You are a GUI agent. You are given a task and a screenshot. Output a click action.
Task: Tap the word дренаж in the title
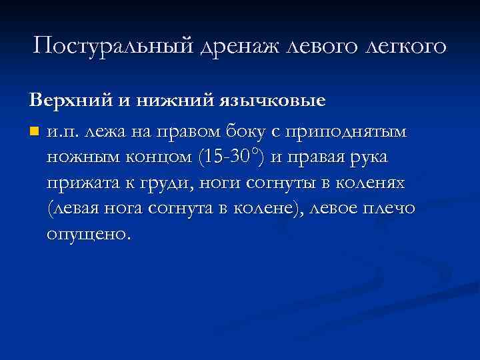pos(236,46)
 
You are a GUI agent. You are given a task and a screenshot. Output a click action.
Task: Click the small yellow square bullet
pos(34,131)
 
